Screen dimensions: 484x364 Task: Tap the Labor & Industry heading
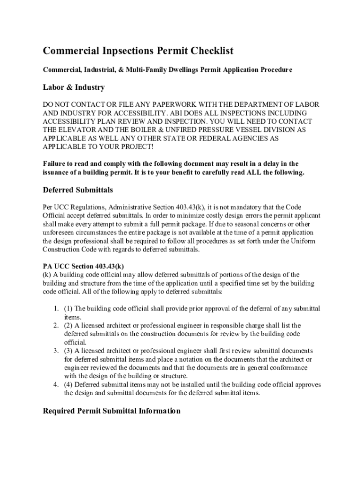(x=74, y=87)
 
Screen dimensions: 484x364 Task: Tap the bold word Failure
(x=55, y=164)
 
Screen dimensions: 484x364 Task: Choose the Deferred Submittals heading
(x=78, y=190)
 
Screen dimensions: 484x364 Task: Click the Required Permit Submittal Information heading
(x=112, y=411)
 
